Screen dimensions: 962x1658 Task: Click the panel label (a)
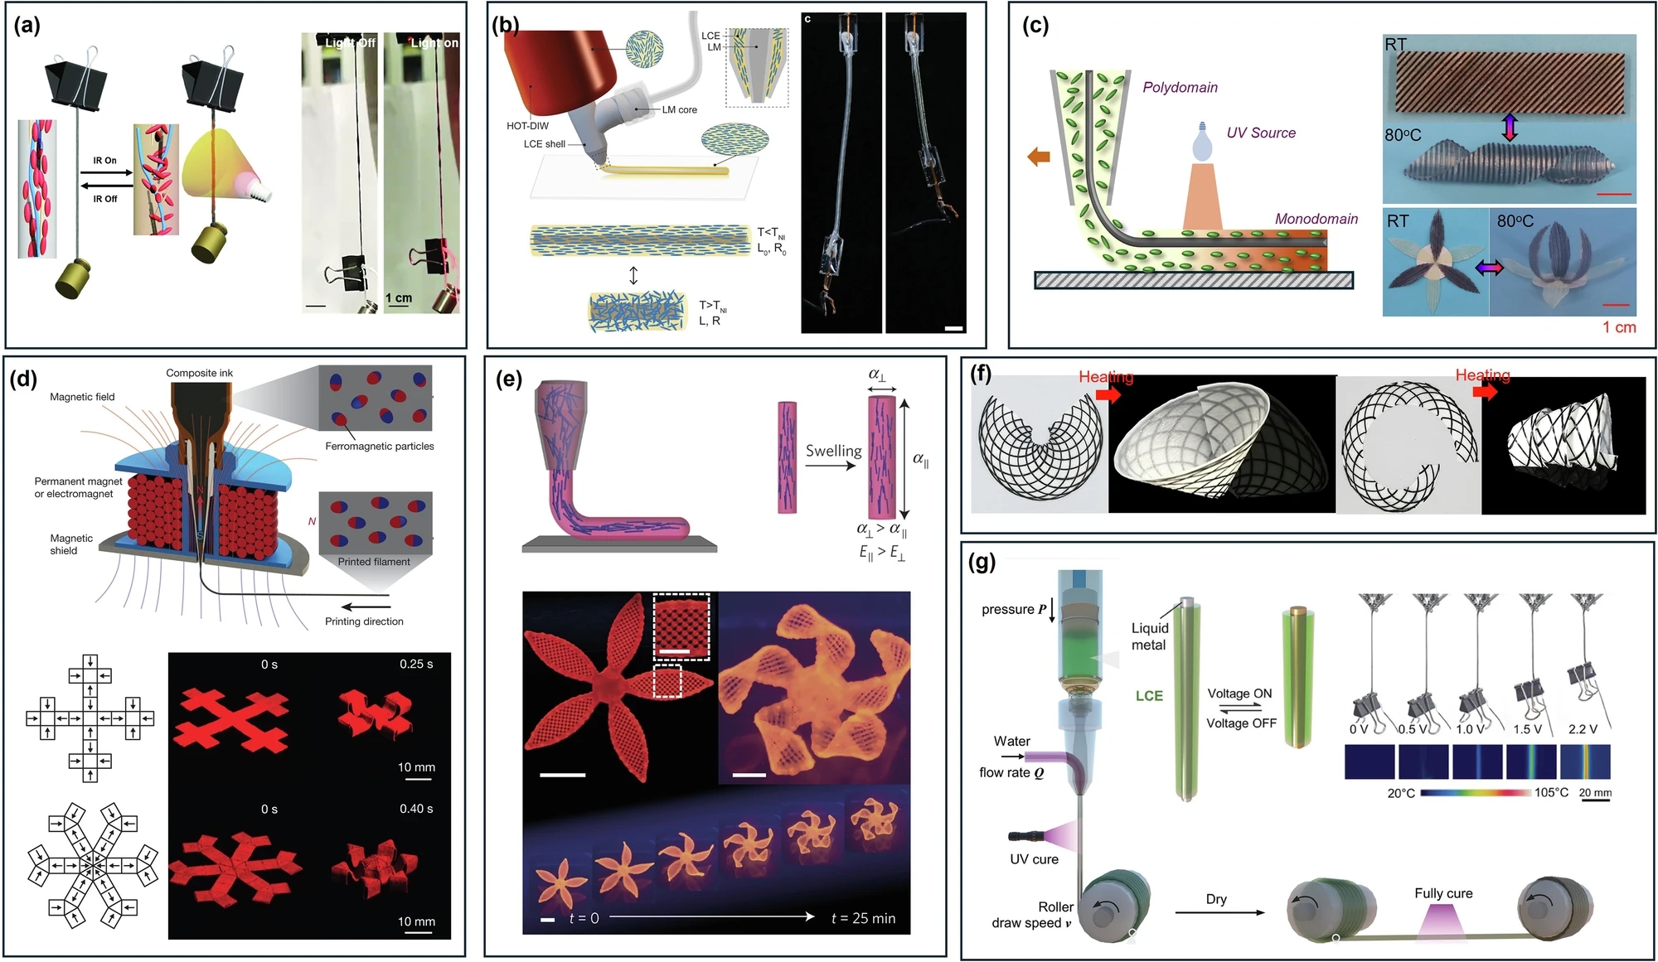pos(27,26)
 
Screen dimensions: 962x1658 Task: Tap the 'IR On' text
pos(104,161)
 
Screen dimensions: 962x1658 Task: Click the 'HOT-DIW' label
pos(527,126)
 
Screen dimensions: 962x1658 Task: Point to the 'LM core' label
pos(679,109)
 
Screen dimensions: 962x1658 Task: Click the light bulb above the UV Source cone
pos(1200,142)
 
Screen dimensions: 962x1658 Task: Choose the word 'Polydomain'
pos(1180,88)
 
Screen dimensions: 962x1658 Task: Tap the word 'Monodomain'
pos(1316,219)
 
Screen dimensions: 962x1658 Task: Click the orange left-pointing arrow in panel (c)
pos(1038,156)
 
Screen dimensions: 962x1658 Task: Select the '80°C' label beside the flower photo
pos(1515,221)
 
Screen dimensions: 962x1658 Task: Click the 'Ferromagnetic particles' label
pos(379,446)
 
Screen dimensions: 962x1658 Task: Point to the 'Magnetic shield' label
pos(71,544)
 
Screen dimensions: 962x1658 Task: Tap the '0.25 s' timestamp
pos(415,665)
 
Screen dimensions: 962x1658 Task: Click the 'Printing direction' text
pos(364,621)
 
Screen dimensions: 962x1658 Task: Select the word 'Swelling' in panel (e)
pos(833,451)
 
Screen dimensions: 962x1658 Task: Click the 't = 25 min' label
pos(862,918)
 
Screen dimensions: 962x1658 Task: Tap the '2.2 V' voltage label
pos(1583,729)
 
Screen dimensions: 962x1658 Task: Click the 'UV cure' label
pos(1034,859)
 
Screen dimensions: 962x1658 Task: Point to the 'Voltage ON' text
pos(1239,694)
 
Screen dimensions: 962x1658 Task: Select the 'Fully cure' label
pos(1443,893)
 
